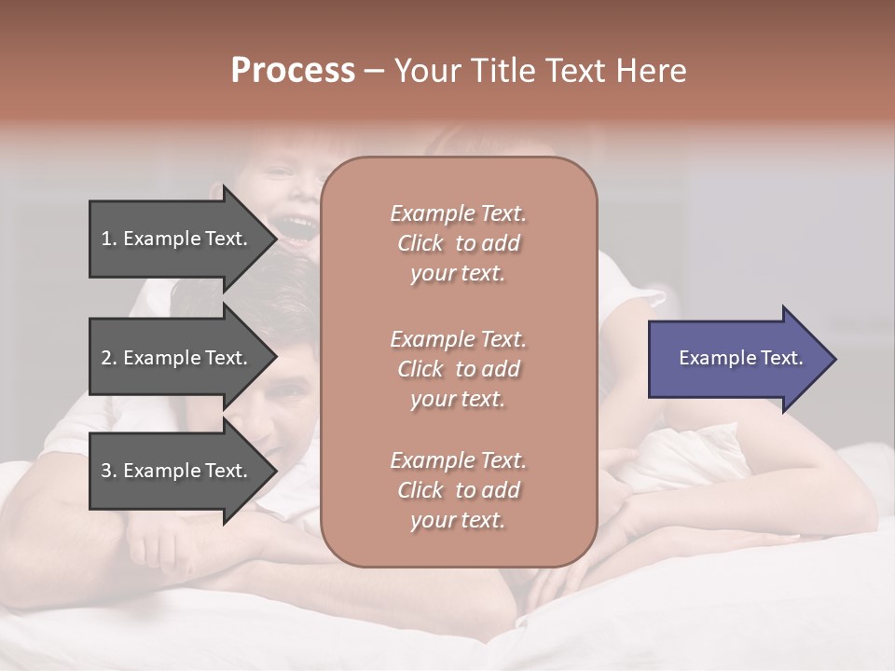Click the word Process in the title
pos(293,71)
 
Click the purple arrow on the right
pos(737,359)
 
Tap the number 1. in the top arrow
pos(109,239)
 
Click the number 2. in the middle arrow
pos(109,358)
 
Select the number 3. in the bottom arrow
pos(109,471)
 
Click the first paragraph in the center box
pos(458,243)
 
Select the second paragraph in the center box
pos(458,369)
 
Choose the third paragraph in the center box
pos(458,490)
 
